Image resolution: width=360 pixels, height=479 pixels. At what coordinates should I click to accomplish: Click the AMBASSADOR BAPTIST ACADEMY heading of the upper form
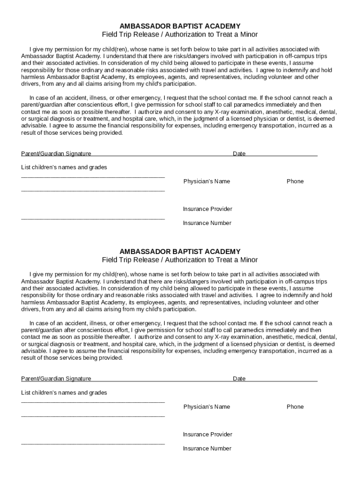[x=180, y=26]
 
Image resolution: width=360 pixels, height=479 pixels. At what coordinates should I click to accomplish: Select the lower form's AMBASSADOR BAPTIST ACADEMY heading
[x=180, y=252]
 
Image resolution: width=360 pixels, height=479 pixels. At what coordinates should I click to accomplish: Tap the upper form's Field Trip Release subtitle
[x=180, y=35]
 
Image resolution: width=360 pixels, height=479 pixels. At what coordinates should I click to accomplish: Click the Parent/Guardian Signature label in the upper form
[x=56, y=153]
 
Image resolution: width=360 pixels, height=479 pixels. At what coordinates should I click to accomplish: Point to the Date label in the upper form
[x=239, y=153]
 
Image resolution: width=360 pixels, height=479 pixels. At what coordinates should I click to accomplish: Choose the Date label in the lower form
[x=239, y=379]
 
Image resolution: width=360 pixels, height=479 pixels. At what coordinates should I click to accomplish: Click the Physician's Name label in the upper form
[x=207, y=181]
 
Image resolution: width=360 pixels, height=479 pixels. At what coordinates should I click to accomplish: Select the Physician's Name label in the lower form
[x=207, y=407]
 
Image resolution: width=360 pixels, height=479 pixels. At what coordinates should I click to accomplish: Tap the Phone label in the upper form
[x=295, y=181]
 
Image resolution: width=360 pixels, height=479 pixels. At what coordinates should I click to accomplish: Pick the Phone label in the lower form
[x=295, y=407]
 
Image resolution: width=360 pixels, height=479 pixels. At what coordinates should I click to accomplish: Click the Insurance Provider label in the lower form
[x=208, y=435]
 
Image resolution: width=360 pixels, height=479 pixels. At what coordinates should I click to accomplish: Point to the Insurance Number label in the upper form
[x=207, y=223]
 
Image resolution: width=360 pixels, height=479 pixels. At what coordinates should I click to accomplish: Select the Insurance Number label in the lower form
[x=207, y=449]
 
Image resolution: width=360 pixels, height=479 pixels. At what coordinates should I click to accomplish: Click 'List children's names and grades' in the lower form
[x=64, y=393]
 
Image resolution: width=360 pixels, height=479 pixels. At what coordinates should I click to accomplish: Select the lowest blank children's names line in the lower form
[x=93, y=443]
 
